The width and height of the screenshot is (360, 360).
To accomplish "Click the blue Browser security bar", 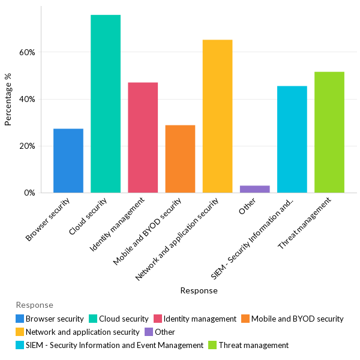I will [x=68, y=161].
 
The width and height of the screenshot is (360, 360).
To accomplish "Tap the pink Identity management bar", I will [x=143, y=137].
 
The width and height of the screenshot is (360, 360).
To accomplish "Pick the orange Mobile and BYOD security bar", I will [x=180, y=159].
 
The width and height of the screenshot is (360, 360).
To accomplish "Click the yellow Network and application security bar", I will [x=217, y=116].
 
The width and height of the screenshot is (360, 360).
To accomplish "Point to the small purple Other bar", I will [x=254, y=189].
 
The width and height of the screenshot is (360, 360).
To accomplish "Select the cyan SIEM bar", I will [x=292, y=139].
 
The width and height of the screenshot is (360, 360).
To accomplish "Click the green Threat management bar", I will [x=329, y=132].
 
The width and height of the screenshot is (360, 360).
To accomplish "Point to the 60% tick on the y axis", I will [x=27, y=52].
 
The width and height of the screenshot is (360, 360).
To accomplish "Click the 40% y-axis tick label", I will [x=27, y=99].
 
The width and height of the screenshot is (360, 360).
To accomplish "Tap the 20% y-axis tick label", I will [x=27, y=146].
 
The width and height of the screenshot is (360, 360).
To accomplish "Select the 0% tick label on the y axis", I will [x=29, y=193].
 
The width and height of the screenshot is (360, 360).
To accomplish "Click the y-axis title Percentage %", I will [x=8, y=100].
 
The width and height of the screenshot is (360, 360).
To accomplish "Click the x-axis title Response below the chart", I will [x=199, y=290].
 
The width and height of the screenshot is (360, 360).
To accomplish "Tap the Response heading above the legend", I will [x=34, y=305].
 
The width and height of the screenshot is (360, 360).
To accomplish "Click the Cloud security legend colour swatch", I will [x=94, y=319].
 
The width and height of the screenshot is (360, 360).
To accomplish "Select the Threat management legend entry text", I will [x=253, y=345].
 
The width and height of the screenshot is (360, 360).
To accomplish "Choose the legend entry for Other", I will [x=164, y=332].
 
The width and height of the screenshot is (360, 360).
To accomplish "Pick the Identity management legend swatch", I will [x=158, y=319].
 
